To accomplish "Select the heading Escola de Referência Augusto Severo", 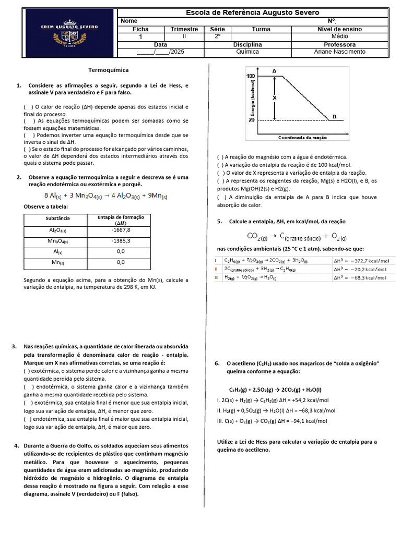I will pyautogui.click(x=253, y=13).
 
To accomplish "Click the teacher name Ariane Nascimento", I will pyautogui.click(x=339, y=52).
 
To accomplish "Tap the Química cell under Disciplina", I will pyautogui.click(x=247, y=52).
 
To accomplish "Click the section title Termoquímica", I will pyautogui.click(x=108, y=69).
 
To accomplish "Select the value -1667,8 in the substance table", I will pyautogui.click(x=121, y=230).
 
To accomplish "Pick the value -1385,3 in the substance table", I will pyautogui.click(x=121, y=241).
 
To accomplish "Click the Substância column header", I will pyautogui.click(x=57, y=218).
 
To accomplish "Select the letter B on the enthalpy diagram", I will pyautogui.click(x=334, y=116).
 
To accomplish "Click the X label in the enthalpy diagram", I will pyautogui.click(x=275, y=98).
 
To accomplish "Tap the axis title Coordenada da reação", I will pyautogui.click(x=303, y=137).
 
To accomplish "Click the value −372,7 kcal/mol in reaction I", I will pyautogui.click(x=365, y=260).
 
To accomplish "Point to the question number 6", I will pyautogui.click(x=217, y=363).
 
